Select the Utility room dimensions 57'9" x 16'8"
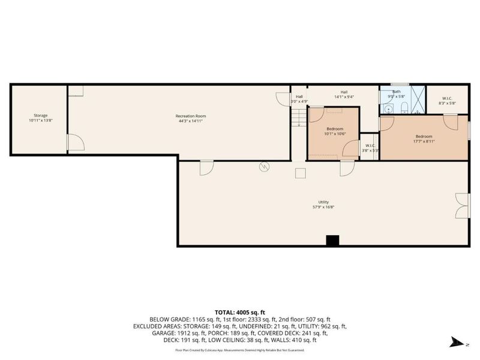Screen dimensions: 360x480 [x=323, y=207]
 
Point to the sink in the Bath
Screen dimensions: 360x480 [x=388, y=109]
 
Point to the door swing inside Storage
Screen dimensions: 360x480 [x=74, y=142]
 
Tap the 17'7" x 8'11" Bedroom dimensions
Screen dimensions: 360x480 [x=424, y=142]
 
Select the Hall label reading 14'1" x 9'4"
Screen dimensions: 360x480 [x=344, y=94]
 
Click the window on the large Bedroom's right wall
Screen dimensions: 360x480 [x=469, y=130]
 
